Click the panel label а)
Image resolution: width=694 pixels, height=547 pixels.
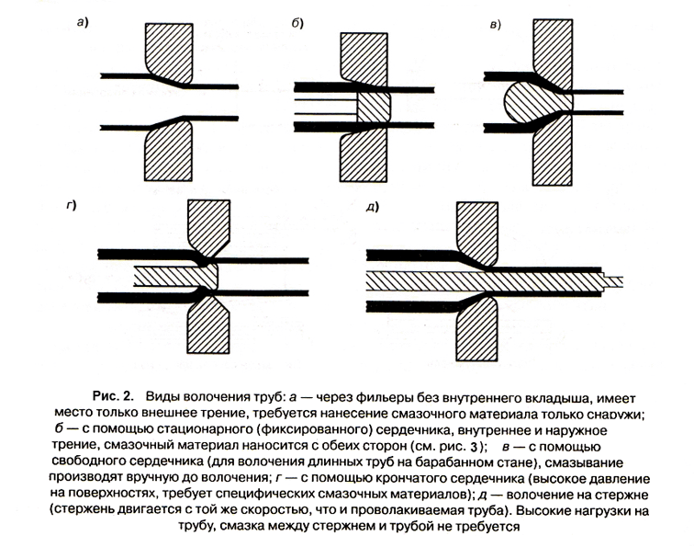tap(83, 22)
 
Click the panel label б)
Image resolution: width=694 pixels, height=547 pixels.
tap(297, 23)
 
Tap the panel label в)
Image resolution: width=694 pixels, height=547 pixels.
tap(496, 25)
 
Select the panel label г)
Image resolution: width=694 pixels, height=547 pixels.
tap(71, 205)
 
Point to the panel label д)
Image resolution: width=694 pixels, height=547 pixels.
tap(373, 207)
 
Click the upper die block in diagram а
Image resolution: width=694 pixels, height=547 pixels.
tap(169, 52)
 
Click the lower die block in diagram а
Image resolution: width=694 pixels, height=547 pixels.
tap(169, 152)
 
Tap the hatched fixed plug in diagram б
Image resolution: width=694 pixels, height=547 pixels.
tap(374, 108)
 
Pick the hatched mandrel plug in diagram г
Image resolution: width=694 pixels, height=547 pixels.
tap(177, 276)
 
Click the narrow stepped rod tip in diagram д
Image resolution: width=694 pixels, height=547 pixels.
tap(613, 281)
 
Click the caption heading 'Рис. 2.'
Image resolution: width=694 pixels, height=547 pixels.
tap(112, 396)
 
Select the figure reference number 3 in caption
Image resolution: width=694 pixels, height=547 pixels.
tap(474, 447)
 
